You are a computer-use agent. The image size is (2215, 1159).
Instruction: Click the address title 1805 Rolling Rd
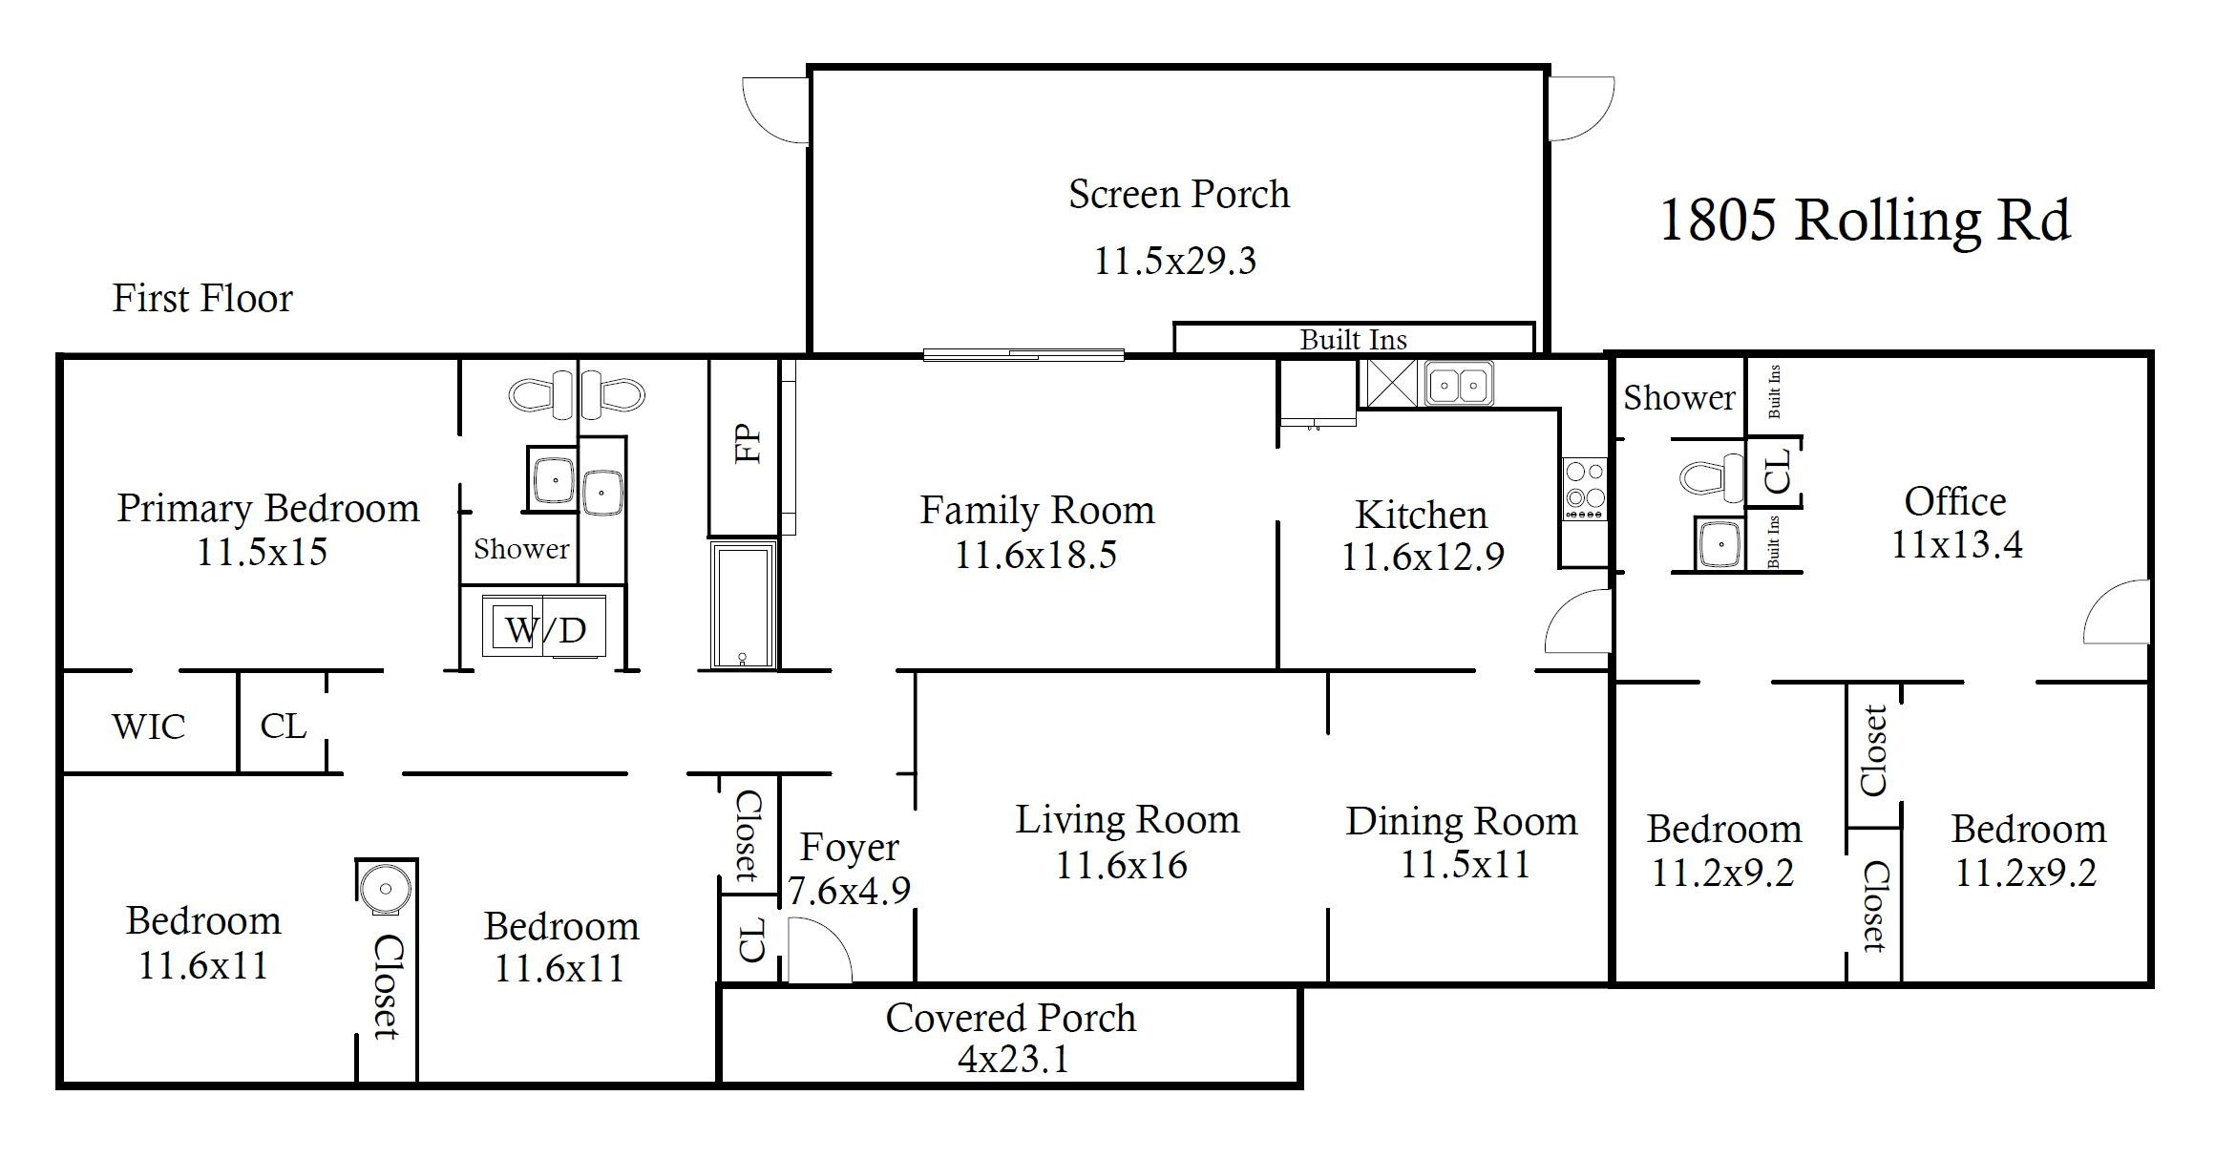click(x=1865, y=221)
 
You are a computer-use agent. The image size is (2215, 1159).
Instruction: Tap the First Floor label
click(x=202, y=299)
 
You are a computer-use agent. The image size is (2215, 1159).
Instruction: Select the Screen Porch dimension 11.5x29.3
click(x=1174, y=261)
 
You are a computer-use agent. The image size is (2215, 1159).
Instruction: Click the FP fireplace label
click(x=749, y=443)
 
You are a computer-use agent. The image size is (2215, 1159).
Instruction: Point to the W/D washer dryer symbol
click(x=544, y=626)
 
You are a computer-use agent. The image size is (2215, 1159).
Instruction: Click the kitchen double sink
click(x=1459, y=384)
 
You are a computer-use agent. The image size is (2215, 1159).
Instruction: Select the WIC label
click(x=149, y=727)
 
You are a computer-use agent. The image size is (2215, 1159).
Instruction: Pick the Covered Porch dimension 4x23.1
click(x=1013, y=1060)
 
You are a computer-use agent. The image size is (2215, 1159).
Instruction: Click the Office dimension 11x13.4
click(x=1956, y=545)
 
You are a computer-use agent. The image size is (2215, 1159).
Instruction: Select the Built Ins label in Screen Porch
click(x=1354, y=340)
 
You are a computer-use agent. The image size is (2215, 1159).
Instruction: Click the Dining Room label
click(x=1462, y=822)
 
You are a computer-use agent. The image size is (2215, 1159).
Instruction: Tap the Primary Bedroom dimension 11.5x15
click(x=262, y=552)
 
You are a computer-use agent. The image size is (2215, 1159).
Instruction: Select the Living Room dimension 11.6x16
click(x=1122, y=865)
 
